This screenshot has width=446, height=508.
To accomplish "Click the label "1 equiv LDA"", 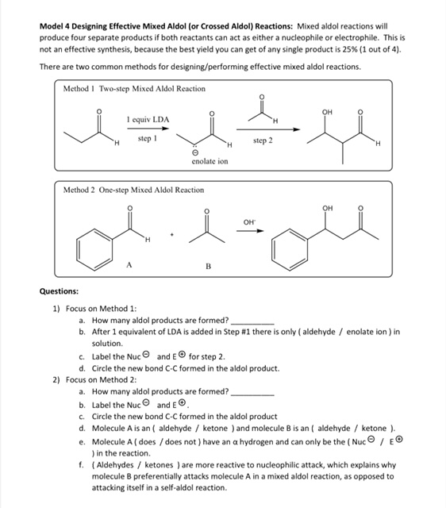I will (148, 120).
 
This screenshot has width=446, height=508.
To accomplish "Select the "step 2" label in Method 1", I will (263, 140).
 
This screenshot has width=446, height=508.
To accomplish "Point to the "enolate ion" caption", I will (210, 161).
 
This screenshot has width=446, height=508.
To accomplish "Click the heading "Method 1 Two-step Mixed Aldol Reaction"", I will (134, 88).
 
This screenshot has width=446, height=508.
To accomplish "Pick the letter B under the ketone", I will (209, 267).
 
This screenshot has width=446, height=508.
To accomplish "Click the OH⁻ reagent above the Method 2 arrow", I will (249, 224).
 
